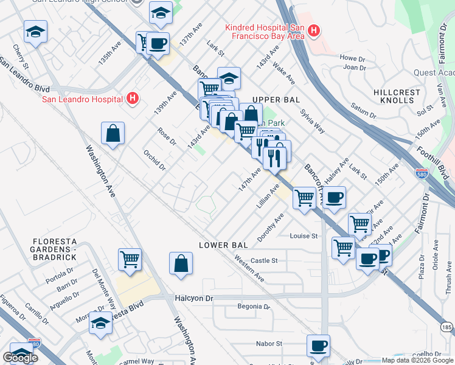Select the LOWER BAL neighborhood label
click(224, 245)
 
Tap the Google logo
click(20, 358)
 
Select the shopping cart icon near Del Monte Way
click(130, 260)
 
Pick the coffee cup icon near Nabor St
click(319, 346)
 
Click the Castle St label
click(264, 260)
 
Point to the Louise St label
click(304, 236)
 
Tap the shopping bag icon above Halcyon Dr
click(181, 263)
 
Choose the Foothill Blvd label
click(432, 156)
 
